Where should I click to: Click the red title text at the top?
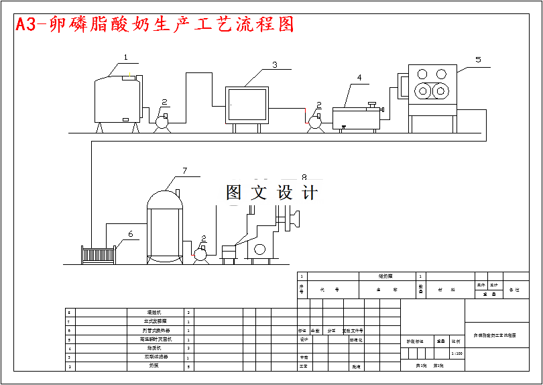(155, 24)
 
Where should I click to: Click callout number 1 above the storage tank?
(125, 58)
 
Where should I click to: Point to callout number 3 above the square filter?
(274, 65)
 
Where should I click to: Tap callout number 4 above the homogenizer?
(359, 78)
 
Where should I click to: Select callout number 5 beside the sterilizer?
(478, 60)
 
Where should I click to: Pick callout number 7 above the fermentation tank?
(185, 171)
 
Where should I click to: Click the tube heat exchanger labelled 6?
(99, 255)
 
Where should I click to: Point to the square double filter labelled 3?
(247, 105)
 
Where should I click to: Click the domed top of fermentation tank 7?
(165, 199)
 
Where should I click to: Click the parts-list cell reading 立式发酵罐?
(156, 321)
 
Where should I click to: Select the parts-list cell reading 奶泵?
(156, 366)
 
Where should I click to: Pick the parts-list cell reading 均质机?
(156, 348)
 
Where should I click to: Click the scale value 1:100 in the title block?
(457, 353)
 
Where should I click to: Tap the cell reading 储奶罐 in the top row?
(386, 276)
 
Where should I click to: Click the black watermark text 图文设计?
(271, 193)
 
